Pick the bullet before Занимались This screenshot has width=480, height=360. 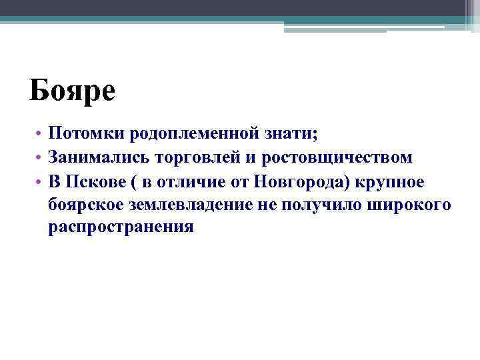point(40,158)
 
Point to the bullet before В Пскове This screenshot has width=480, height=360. point(40,181)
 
